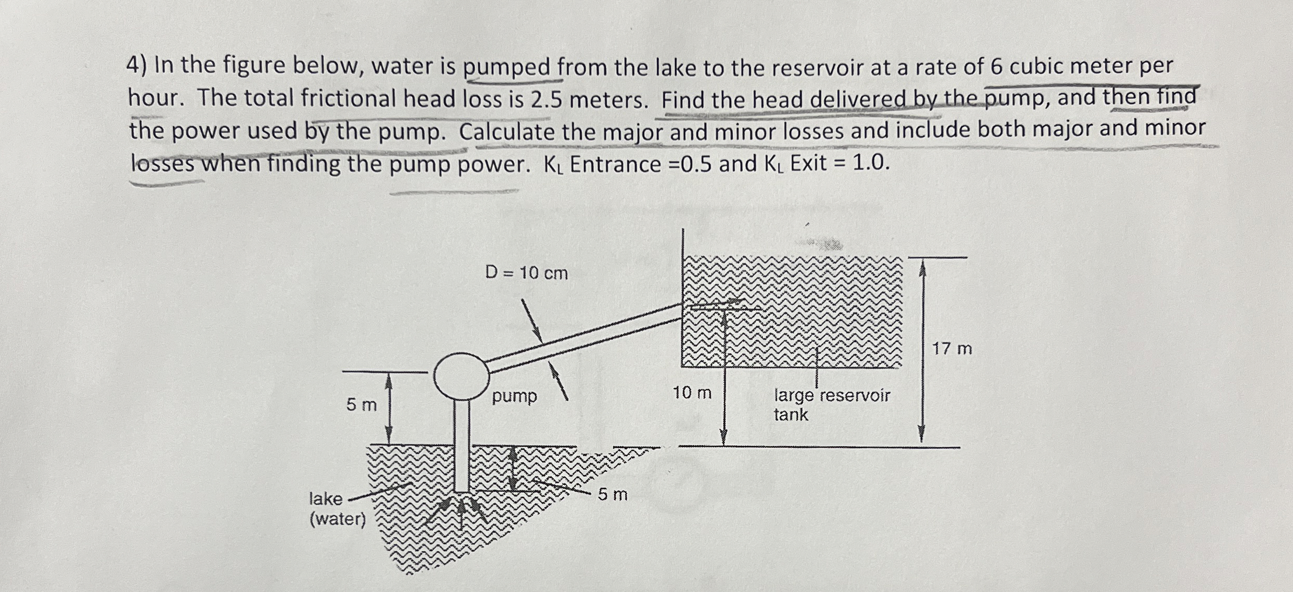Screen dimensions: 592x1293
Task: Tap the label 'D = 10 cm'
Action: click(526, 273)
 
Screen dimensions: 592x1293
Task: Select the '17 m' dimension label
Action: click(952, 349)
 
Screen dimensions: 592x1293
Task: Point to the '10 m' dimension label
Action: click(692, 393)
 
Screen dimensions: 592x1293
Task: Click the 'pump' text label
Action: click(514, 396)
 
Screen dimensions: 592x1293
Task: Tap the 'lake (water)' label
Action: click(337, 509)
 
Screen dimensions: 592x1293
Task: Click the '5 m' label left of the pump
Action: click(361, 405)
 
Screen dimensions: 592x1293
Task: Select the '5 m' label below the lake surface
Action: click(613, 494)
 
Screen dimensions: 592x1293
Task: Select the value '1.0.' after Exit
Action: click(871, 163)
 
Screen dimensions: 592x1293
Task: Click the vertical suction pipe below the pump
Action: click(461, 445)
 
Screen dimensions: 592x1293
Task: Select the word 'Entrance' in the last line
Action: click(615, 164)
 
